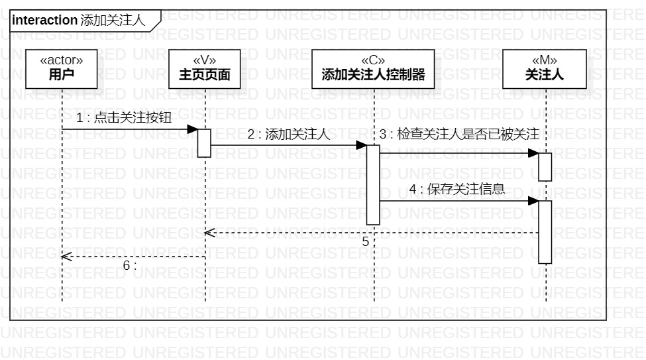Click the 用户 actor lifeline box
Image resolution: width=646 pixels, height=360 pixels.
(62, 69)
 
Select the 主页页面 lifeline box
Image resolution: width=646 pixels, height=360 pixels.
(205, 69)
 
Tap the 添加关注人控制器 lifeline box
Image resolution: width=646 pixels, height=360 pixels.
(373, 69)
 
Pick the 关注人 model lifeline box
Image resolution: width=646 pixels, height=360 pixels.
(545, 69)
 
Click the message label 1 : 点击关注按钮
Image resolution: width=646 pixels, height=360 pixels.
(124, 119)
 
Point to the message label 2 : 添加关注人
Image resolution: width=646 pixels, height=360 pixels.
(288, 135)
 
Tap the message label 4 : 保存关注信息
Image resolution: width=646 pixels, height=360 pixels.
(457, 189)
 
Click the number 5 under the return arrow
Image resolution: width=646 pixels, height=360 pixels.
(366, 242)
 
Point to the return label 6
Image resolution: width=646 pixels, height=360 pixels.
(129, 265)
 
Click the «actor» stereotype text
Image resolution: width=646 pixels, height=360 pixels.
(62, 60)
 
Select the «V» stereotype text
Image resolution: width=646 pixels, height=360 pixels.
(205, 60)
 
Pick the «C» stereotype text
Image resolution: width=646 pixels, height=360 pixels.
(373, 60)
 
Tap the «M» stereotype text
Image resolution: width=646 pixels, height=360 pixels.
(545, 60)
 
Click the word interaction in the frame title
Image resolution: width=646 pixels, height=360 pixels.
(44, 21)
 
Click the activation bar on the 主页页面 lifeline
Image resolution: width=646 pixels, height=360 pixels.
(204, 143)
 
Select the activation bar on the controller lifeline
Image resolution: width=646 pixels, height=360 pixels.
(373, 184)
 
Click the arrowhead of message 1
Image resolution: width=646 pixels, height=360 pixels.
(193, 129)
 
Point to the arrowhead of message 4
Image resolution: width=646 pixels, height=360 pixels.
(533, 201)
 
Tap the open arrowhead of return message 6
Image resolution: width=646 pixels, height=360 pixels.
(64, 256)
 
